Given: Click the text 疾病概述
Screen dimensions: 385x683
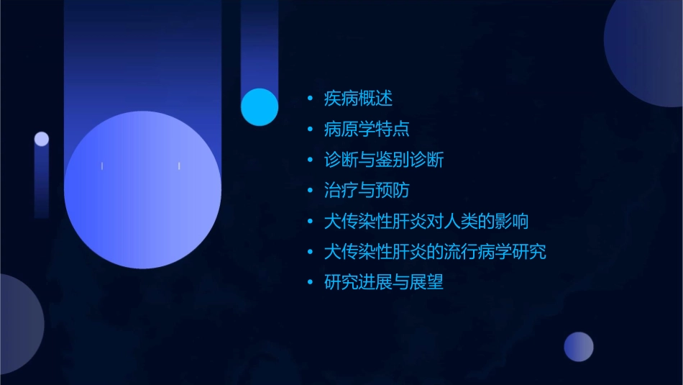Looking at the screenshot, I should coord(358,99).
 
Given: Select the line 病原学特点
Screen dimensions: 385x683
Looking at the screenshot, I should coord(367,130).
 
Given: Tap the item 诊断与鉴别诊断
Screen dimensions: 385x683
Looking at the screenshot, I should coord(384,160).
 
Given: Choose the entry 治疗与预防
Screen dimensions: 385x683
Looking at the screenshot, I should coord(367,191).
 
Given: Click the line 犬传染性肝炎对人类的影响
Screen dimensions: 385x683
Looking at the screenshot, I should coord(426,221).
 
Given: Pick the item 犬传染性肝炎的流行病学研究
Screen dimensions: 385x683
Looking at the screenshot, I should coord(435,252).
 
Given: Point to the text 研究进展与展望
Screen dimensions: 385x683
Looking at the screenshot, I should coord(384,282).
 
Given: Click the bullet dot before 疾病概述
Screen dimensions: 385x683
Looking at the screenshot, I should coord(310,99).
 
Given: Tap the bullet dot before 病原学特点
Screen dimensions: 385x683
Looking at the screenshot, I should coord(310,130).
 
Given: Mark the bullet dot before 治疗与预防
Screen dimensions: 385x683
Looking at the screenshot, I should coord(310,191).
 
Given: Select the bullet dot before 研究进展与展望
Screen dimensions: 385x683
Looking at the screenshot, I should coord(310,282).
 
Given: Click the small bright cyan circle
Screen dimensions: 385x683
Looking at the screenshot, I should coord(260,107).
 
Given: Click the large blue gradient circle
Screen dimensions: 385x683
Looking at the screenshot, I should coord(142,189).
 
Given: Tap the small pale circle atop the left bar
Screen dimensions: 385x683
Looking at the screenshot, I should coord(42,139).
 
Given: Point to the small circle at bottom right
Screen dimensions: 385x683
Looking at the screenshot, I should coord(579,347).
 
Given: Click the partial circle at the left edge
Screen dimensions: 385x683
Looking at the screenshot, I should coord(18,324).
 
